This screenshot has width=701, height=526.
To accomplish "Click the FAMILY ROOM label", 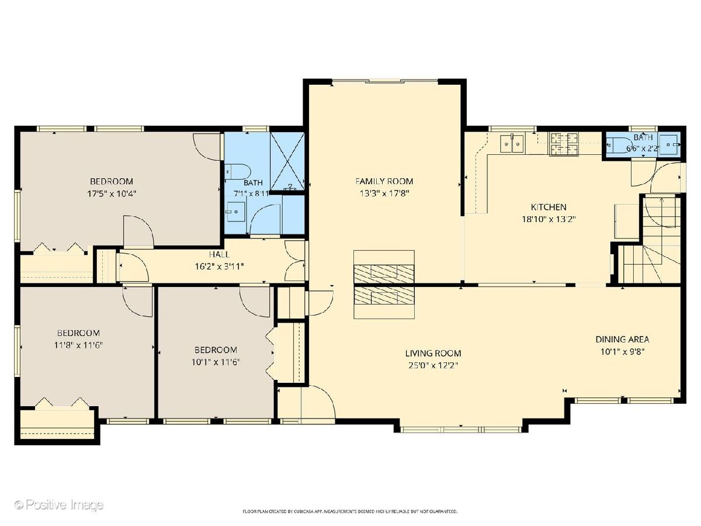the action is pos(384,181).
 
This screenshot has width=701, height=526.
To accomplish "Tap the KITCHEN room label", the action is pos(549,207).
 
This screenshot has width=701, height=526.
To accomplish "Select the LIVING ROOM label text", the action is pos(433,353).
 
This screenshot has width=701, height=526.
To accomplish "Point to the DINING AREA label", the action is pos(622,339).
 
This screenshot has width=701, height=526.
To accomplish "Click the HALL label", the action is pos(220,254).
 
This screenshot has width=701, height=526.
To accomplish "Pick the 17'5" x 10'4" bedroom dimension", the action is pos(112,193).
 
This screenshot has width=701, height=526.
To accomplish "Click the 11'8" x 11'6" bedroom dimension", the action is pos(78,345).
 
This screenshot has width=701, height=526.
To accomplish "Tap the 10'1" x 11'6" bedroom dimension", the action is pos(216,362).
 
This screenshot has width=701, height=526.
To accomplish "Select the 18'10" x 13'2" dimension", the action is pos(549,219).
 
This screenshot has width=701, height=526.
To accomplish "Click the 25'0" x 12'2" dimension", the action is pos(433,365).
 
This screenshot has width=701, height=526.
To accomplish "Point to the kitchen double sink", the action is pos(512,144).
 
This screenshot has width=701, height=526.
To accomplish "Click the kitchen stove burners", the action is pos(564,144).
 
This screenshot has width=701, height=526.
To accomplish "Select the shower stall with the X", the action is pos(287,161).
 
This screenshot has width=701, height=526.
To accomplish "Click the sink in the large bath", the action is pos(235,212).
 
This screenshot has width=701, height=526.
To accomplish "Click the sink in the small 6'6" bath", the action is pos(669,145).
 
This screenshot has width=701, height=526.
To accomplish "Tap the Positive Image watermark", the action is pos(59,505).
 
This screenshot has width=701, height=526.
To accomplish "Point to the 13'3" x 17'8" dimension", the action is pos(384,193).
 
